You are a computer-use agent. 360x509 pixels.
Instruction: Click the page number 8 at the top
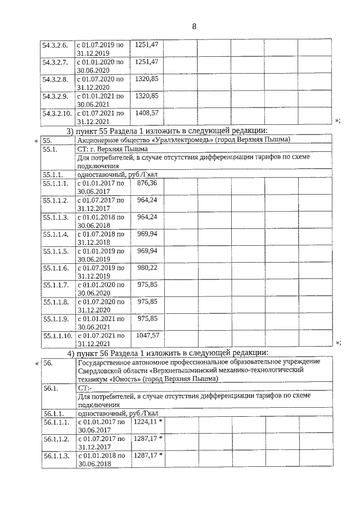click(193, 26)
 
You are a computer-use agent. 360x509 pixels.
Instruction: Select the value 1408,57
click(147, 113)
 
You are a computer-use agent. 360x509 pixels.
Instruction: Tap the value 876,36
click(147, 183)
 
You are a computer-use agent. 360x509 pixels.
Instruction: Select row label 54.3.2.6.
click(55, 44)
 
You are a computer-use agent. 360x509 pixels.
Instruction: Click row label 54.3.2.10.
click(57, 113)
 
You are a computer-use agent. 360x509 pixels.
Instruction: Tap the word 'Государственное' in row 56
click(105, 362)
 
